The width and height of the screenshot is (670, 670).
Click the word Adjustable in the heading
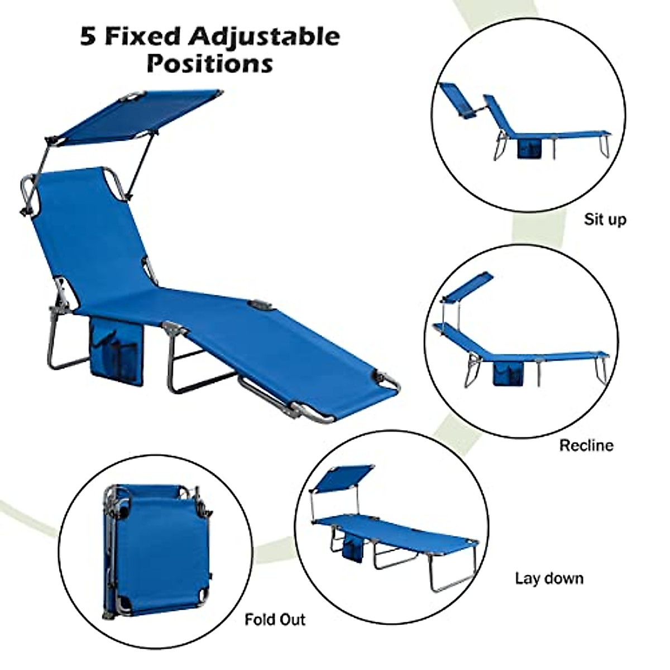pyautogui.click(x=264, y=37)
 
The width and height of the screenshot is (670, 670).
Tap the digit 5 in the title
pyautogui.click(x=88, y=37)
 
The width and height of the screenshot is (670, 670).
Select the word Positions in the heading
pyautogui.click(x=210, y=63)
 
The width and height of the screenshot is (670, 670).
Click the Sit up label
pyautogui.click(x=605, y=219)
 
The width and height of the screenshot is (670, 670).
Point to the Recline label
pyautogui.click(x=586, y=445)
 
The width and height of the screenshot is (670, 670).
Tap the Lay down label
pyautogui.click(x=549, y=578)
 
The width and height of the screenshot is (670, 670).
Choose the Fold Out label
pyautogui.click(x=275, y=620)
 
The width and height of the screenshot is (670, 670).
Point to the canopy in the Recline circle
pyautogui.click(x=468, y=285)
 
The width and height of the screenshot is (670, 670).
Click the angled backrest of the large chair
pyautogui.click(x=89, y=234)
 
